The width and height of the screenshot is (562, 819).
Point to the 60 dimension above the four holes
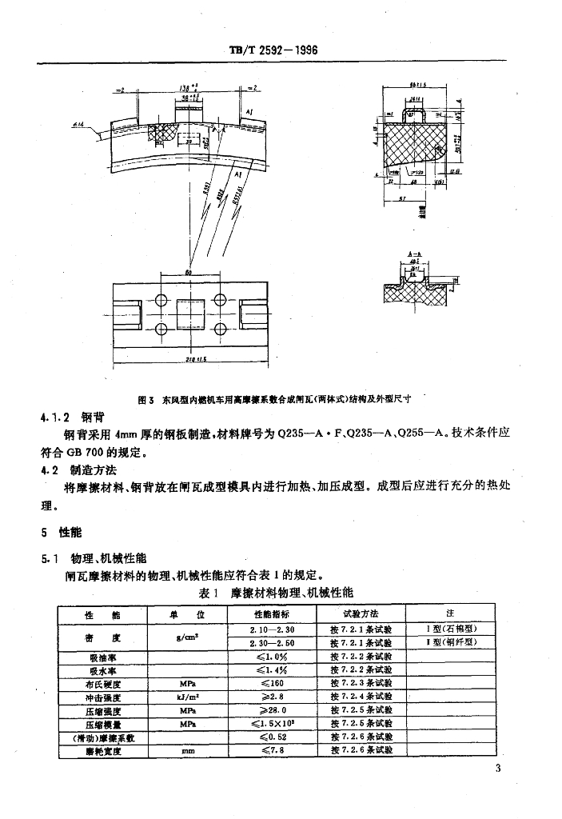(x=189, y=273)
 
